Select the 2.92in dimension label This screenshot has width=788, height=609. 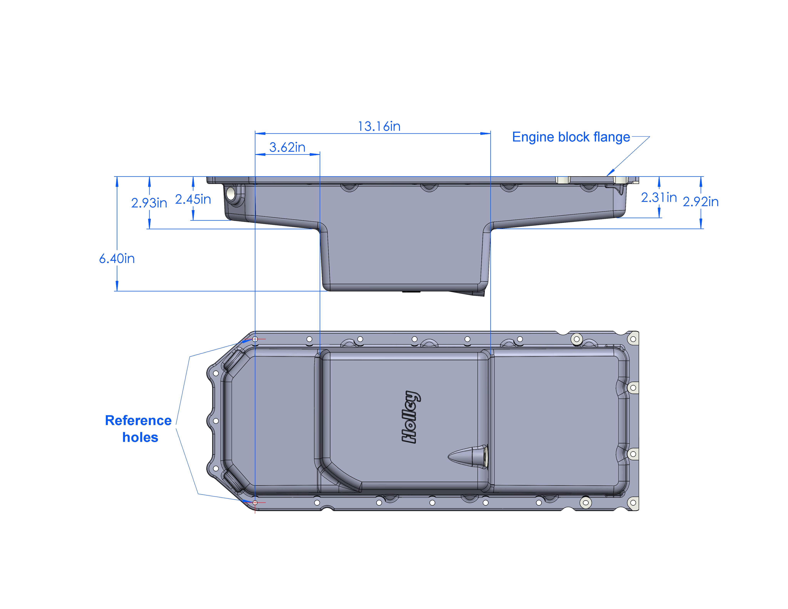700,202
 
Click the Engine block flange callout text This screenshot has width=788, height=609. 571,137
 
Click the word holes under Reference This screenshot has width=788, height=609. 140,437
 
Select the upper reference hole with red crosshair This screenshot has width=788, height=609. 255,339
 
